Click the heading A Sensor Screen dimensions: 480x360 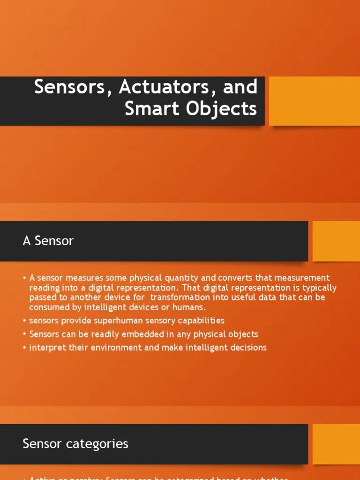click(x=48, y=241)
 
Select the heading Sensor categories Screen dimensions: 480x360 click(x=75, y=443)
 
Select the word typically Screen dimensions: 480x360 click(x=319, y=288)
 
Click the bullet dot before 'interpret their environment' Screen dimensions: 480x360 click(x=24, y=348)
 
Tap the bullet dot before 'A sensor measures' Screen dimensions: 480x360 click(x=24, y=278)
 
